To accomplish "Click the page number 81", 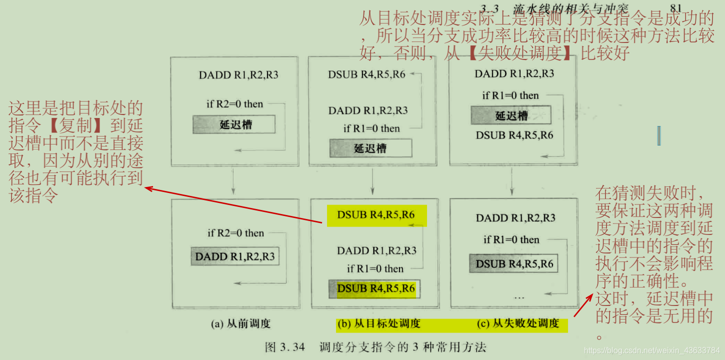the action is coord(675,8).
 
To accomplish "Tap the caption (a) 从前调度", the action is coord(240,324).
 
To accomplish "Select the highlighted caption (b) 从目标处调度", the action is coord(379,324).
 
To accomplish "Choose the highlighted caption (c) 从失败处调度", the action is coord(518,324).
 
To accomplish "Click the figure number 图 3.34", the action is coord(285,347).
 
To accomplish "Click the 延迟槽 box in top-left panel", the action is coord(234,124).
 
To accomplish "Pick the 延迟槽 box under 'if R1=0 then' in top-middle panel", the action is coord(370,148).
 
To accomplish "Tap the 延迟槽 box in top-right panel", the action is coord(511,115).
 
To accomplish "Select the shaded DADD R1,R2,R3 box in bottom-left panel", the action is coord(234,256).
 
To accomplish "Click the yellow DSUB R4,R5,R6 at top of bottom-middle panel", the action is coord(376,215).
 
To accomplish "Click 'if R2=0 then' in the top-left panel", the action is coord(234,104).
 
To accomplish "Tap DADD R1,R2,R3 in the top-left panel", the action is coord(238,75).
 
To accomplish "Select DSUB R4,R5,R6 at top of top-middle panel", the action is coord(366,75).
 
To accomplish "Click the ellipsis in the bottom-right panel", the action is coord(519,297).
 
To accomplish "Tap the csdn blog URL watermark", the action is coord(651,350).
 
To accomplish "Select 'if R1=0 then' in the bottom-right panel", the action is coord(511,239).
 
